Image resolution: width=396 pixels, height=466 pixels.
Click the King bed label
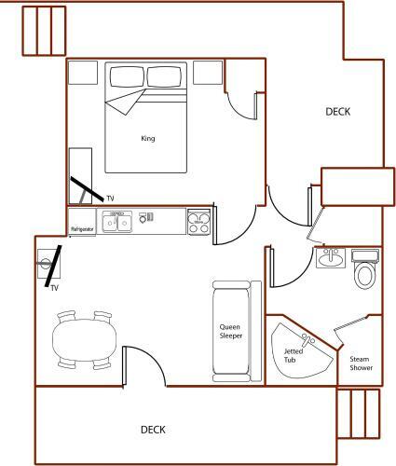click(x=148, y=138)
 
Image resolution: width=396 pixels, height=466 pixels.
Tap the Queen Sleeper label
click(x=231, y=331)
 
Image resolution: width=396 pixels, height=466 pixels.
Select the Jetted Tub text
click(x=294, y=355)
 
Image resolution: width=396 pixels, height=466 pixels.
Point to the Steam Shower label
click(x=362, y=363)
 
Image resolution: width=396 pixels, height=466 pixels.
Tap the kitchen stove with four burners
click(x=198, y=222)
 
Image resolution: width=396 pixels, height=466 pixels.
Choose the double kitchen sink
click(x=117, y=221)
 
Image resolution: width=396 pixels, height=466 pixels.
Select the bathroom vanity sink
click(x=331, y=257)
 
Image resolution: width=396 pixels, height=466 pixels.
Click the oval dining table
click(x=85, y=340)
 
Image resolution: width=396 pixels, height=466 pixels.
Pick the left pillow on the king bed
click(x=127, y=76)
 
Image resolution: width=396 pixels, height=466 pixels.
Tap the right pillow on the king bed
click(x=164, y=76)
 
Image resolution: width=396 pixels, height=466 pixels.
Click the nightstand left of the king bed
click(x=83, y=73)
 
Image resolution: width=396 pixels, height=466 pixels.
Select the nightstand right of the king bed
click(x=208, y=73)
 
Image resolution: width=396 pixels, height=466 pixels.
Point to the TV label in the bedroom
click(x=110, y=199)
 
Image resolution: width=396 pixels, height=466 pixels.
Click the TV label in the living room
click(x=55, y=288)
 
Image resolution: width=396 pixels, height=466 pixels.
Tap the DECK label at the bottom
click(x=153, y=430)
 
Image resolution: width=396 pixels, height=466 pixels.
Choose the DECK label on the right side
click(x=338, y=112)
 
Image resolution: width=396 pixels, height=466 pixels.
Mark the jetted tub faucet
click(x=308, y=339)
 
